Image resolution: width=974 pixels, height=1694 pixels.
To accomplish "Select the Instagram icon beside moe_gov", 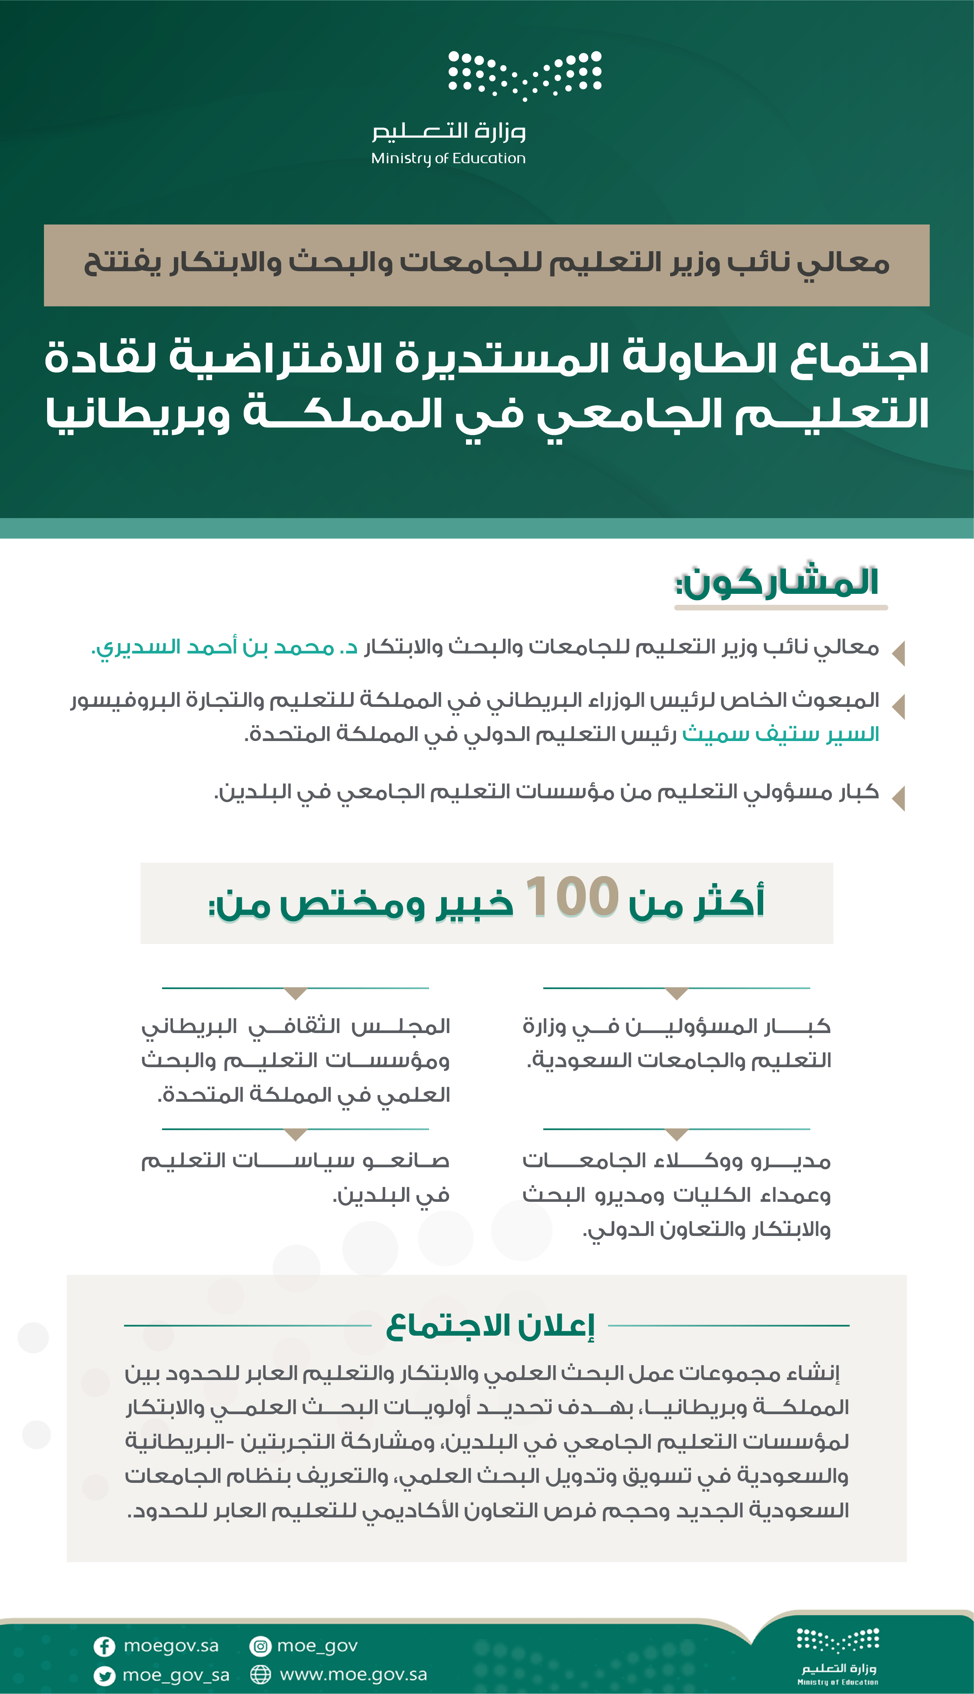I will tap(260, 1646).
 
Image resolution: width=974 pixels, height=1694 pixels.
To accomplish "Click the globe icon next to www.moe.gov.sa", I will tap(260, 1675).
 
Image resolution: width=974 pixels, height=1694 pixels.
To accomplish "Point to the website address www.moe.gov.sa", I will tap(353, 1675).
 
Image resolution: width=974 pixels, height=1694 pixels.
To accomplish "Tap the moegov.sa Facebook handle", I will tap(171, 1646).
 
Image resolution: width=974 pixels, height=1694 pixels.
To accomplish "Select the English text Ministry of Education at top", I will tap(448, 159).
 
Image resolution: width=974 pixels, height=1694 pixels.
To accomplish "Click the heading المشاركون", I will tap(777, 582).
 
